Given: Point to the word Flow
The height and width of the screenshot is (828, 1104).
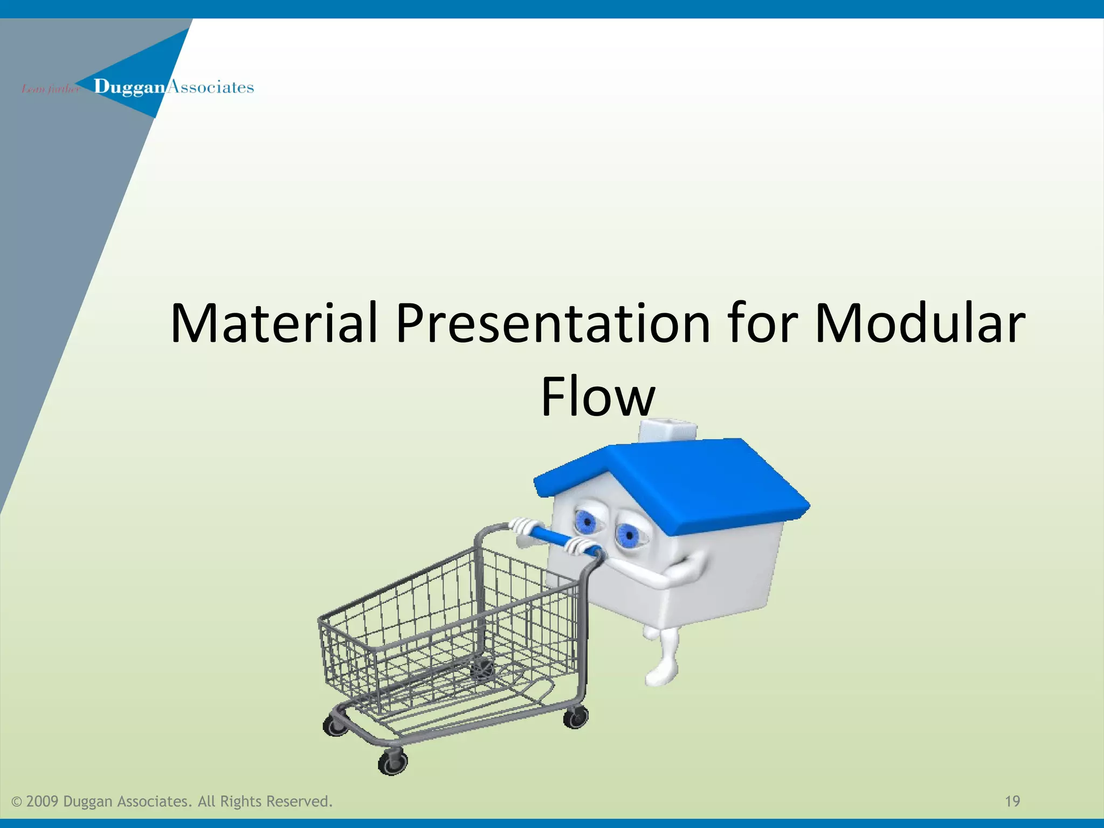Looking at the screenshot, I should [x=597, y=397].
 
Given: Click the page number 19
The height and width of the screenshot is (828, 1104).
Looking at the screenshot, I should [x=1012, y=802].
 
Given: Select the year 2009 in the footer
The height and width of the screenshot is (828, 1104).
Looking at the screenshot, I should [x=42, y=802].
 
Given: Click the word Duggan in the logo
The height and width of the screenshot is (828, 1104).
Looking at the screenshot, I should [x=129, y=87].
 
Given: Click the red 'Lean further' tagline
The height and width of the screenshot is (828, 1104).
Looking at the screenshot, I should [x=50, y=89].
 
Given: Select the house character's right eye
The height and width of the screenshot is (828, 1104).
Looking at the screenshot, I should [x=626, y=535].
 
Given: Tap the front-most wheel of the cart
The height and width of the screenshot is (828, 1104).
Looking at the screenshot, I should [x=392, y=762].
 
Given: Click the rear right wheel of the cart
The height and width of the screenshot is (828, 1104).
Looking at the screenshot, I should [x=576, y=717].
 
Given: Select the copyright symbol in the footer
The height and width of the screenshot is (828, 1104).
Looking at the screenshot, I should [x=17, y=802].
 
